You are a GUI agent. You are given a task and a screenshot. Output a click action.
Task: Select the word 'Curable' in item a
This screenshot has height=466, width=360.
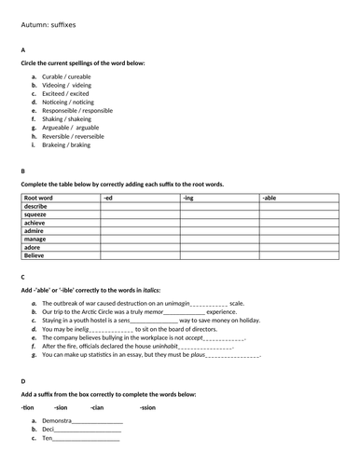click(52, 76)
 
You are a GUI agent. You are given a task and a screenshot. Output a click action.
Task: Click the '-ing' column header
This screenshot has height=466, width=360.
click(188, 198)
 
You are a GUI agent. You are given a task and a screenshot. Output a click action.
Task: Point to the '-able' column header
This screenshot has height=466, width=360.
click(270, 198)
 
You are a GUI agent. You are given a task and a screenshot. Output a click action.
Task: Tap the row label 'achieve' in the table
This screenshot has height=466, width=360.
click(37, 224)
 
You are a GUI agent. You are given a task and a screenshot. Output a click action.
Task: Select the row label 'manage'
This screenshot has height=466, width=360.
click(37, 240)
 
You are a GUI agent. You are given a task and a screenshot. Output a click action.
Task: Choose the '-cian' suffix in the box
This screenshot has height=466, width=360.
click(98, 407)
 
